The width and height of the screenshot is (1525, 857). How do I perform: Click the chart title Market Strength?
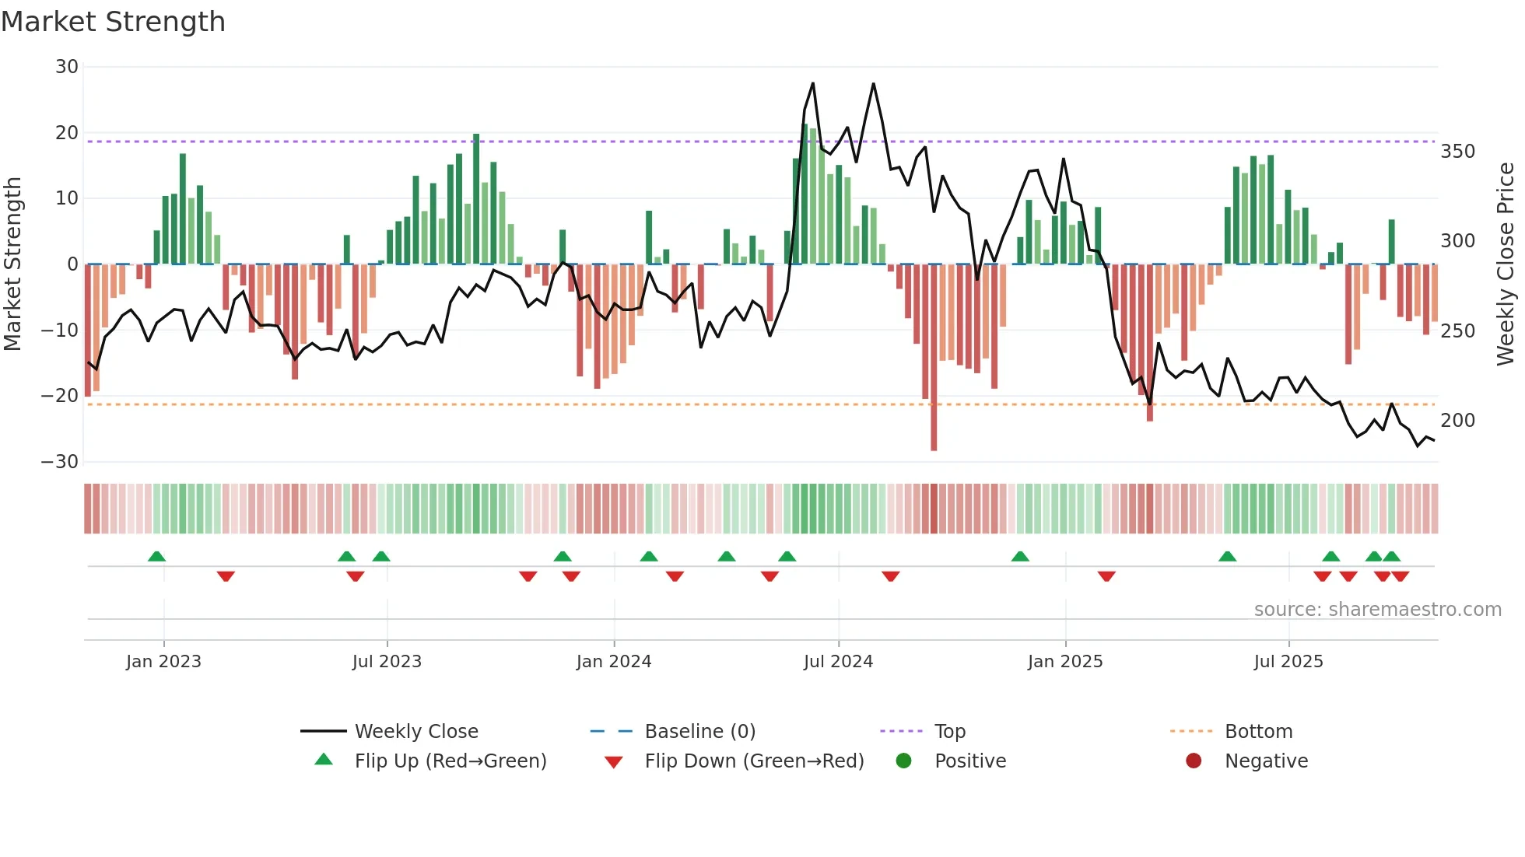pos(113,22)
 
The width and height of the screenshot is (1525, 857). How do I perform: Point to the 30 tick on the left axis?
pos(67,67)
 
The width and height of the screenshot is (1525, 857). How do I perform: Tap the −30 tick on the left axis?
pos(60,462)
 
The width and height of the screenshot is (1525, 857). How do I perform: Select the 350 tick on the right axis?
pos(1457,152)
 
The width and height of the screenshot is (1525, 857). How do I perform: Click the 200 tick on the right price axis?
pos(1457,421)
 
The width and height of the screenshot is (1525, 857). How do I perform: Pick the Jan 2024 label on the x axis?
pos(614,662)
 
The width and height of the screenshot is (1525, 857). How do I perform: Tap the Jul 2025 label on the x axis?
pos(1288,662)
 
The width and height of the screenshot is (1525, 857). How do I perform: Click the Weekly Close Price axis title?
pos(1506,264)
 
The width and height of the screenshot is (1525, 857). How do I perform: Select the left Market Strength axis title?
pos(13,264)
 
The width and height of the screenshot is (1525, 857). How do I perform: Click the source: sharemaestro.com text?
pos(1377,610)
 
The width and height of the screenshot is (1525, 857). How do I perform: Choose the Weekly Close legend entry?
pos(415,732)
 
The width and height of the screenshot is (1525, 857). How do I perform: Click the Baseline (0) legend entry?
pos(699,732)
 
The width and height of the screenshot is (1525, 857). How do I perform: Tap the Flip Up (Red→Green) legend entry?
pos(450,761)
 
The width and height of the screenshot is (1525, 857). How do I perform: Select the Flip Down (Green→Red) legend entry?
pos(753,761)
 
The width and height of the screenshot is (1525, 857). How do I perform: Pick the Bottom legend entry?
pos(1258,732)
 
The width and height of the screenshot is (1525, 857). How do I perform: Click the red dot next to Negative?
pos(1194,761)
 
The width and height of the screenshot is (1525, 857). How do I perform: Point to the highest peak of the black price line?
pos(813,84)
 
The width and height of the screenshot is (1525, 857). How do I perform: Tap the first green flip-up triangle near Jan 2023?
pos(156,557)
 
